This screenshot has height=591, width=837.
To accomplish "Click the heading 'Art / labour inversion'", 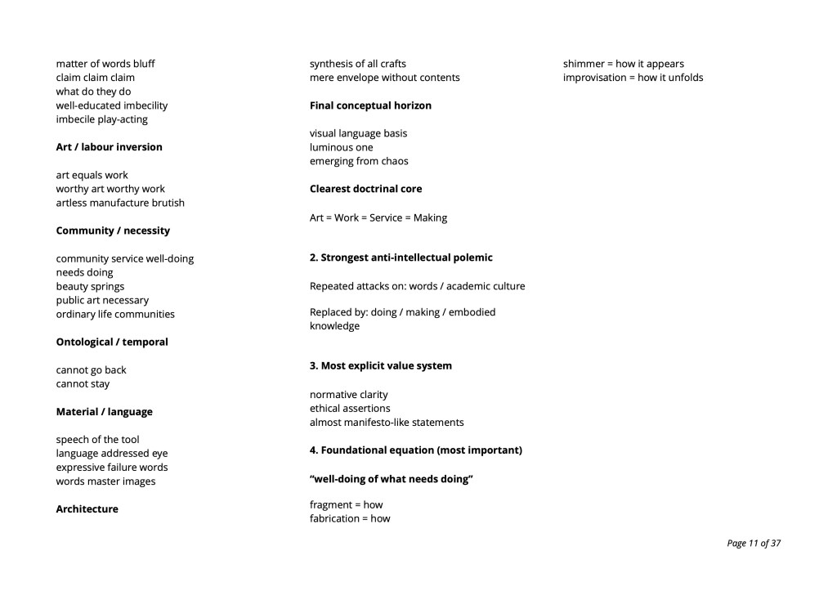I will (109, 147).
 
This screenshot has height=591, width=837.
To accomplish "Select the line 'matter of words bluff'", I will (105, 64).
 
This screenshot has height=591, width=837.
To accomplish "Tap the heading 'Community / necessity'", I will (113, 231).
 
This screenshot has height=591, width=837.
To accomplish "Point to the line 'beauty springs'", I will (90, 286).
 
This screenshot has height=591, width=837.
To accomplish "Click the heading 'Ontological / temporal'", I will (112, 342).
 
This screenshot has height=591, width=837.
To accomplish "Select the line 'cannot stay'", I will (83, 383).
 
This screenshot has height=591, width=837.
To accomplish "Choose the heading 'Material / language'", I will (104, 411).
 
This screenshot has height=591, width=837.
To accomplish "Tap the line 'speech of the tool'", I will (97, 439).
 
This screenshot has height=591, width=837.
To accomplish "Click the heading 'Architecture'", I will (87, 508).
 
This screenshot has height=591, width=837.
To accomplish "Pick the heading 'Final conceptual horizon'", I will (370, 105).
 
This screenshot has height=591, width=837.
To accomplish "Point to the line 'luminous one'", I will (341, 147).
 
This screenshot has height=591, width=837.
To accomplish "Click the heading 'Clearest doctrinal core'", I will (365, 189).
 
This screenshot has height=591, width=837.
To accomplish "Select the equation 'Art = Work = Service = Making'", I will (378, 217).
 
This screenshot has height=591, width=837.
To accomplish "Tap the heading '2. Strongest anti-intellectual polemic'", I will (401, 257).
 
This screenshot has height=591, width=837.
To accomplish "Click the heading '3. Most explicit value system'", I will (380, 365).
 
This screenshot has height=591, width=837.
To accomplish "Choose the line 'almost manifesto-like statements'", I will (386, 422).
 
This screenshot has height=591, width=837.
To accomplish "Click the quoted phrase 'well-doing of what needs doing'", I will (391, 478).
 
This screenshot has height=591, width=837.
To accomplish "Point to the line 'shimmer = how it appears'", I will (623, 64).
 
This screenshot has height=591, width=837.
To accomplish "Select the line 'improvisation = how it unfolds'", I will (633, 78).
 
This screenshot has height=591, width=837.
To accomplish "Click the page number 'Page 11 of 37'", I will (753, 543).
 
